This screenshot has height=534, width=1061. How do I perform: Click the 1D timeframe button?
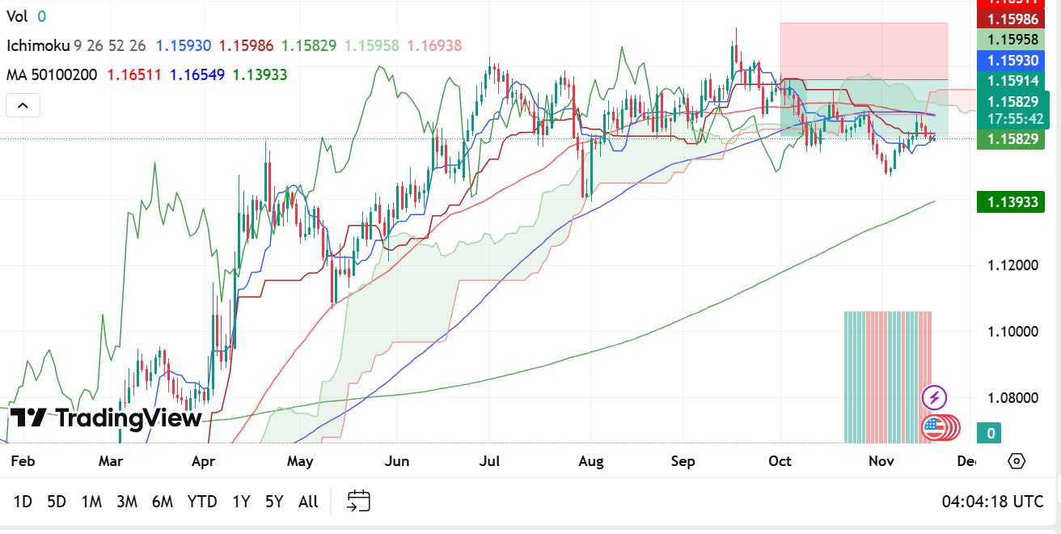tap(23, 502)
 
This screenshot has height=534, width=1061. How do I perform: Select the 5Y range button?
tap(274, 502)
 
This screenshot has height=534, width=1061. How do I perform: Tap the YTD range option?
tap(202, 502)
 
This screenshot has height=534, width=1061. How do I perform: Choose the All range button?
tap(308, 502)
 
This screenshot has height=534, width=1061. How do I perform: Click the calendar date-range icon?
tap(358, 501)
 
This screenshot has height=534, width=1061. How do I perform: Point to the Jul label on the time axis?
tap(489, 461)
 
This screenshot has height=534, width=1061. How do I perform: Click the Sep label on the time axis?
tap(683, 461)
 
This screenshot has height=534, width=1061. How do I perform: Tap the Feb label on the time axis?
tap(22, 461)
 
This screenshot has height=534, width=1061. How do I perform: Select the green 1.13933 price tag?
tap(1010, 201)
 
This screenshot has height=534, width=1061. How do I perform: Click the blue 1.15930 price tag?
tap(1010, 61)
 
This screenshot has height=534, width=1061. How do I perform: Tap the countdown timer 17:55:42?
tap(1015, 119)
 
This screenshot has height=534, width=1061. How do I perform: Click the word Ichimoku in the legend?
tap(38, 46)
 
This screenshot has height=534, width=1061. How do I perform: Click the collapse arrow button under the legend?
tap(23, 105)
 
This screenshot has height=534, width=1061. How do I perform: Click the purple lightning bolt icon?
tap(935, 397)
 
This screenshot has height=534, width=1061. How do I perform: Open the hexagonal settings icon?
tap(1017, 461)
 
